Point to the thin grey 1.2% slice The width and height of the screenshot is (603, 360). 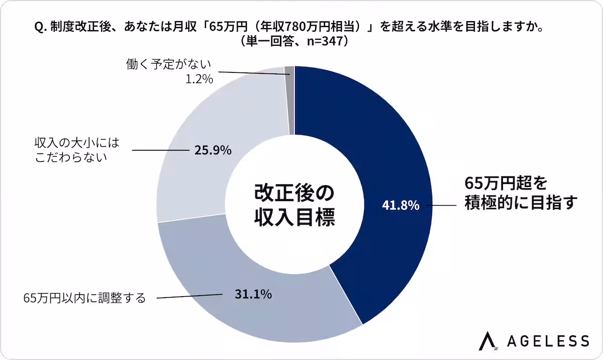tap(289, 101)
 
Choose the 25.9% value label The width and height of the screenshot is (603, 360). tap(213, 149)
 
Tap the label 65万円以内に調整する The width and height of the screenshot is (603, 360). tap(84, 298)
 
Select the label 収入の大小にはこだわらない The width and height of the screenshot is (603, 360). tap(78, 149)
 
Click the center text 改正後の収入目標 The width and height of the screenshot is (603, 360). tap(294, 205)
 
